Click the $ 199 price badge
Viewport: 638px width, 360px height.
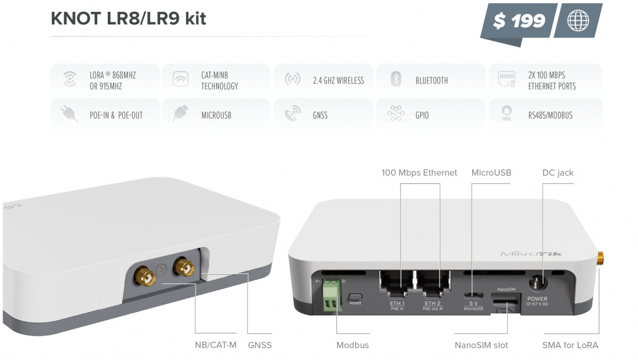[x=518, y=21]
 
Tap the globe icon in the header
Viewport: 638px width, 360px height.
[x=578, y=21]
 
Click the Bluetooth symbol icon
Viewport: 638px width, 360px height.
[x=395, y=80]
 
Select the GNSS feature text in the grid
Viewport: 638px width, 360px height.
[x=320, y=115]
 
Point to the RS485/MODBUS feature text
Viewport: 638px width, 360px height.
[x=550, y=115]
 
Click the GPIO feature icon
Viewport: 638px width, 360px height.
[x=395, y=115]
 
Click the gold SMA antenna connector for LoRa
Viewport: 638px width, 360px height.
[x=601, y=258]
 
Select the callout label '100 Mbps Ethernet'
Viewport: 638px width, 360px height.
[x=419, y=173]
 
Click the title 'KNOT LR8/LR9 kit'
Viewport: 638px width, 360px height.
[x=128, y=19]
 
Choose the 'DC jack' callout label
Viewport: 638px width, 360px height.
[x=557, y=173]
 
